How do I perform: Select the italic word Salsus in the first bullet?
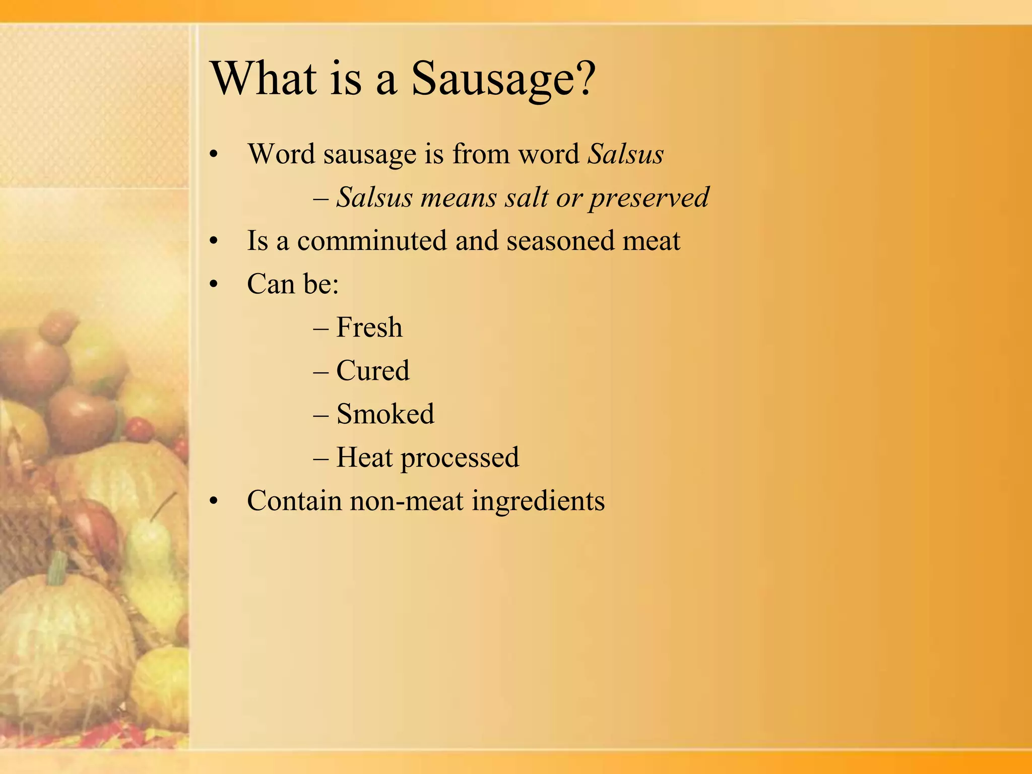pos(625,154)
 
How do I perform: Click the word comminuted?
pos(372,241)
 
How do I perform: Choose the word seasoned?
pos(560,241)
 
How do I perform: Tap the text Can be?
pos(293,284)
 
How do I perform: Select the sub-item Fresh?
pos(369,328)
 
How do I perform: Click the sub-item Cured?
pos(372,371)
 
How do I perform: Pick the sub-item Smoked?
pos(385,414)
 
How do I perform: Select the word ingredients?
pos(538,502)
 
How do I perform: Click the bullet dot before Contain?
pos(214,501)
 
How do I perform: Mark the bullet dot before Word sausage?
pos(214,155)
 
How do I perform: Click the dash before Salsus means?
pos(320,198)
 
